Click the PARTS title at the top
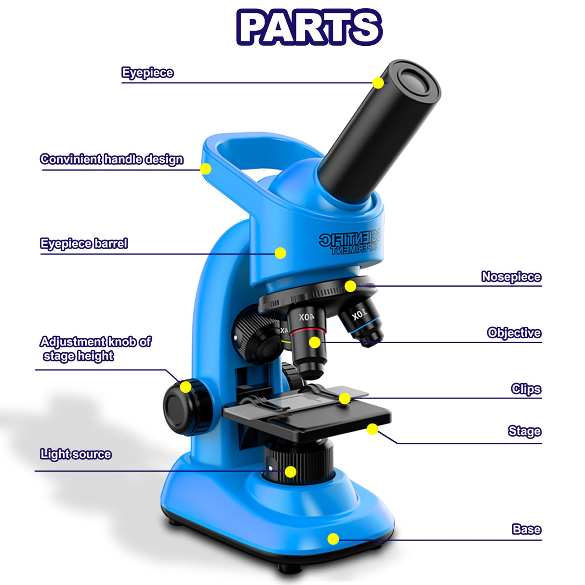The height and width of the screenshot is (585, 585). coord(309,27)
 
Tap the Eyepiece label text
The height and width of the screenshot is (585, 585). coord(147,73)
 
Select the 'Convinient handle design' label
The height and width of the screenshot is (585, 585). coord(112,159)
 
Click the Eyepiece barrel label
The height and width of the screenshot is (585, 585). coord(84,243)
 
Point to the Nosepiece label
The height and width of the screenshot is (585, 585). coord(511,277)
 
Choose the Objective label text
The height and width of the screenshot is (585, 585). coord(514,333)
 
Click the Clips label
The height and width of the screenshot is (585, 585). coord(526,389)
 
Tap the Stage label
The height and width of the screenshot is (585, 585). coord(524,431)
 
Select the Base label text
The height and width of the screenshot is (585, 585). coord(526,529)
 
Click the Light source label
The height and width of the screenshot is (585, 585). coord(76,454)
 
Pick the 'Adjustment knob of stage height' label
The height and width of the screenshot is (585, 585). coord(95,348)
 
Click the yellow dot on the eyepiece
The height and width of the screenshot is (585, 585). coord(378,83)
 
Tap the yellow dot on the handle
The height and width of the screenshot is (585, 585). coord(206,169)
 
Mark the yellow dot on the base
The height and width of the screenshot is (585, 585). coord(333,539)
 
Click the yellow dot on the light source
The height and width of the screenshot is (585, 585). coord(290,472)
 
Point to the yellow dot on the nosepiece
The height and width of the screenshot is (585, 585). coord(350,286)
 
